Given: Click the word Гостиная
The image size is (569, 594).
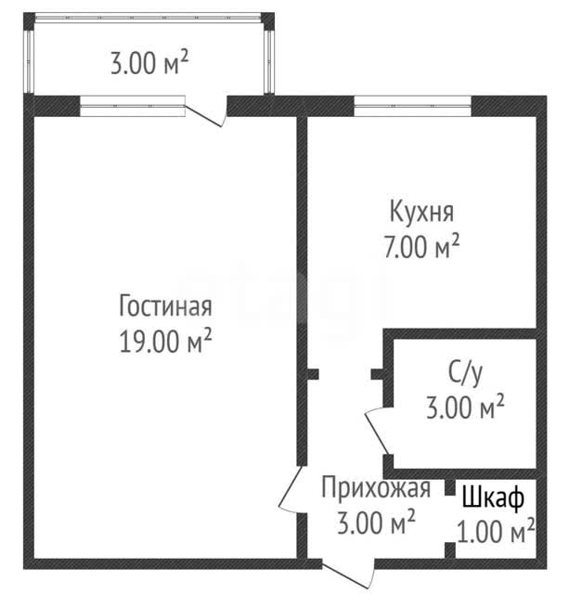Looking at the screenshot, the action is pyautogui.click(x=165, y=306).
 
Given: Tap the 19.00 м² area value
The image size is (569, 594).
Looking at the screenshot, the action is pyautogui.click(x=165, y=341).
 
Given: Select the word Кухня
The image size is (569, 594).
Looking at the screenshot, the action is pyautogui.click(x=421, y=213).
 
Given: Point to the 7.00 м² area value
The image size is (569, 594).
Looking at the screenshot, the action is pyautogui.click(x=421, y=247).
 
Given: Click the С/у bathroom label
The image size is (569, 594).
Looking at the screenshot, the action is pyautogui.click(x=465, y=373).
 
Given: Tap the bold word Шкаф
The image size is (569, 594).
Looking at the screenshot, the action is pyautogui.click(x=493, y=498).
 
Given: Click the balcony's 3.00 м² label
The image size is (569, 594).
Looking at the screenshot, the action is pyautogui.click(x=149, y=63).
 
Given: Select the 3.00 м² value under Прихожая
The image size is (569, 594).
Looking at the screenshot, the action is pyautogui.click(x=376, y=523).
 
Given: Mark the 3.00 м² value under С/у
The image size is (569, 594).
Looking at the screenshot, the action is pyautogui.click(x=465, y=407).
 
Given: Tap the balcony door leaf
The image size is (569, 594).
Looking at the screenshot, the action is pyautogui.click(x=203, y=116).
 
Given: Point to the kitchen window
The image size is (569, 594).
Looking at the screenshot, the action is pyautogui.click(x=412, y=106).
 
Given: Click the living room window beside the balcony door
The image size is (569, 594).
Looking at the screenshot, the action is pyautogui.click(x=133, y=106).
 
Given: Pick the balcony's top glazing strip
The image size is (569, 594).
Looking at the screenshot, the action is pyautogui.click(x=149, y=18).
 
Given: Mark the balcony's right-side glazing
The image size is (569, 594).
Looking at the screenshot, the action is pyautogui.click(x=268, y=61).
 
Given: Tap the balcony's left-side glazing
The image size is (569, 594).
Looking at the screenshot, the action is pyautogui.click(x=29, y=61).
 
